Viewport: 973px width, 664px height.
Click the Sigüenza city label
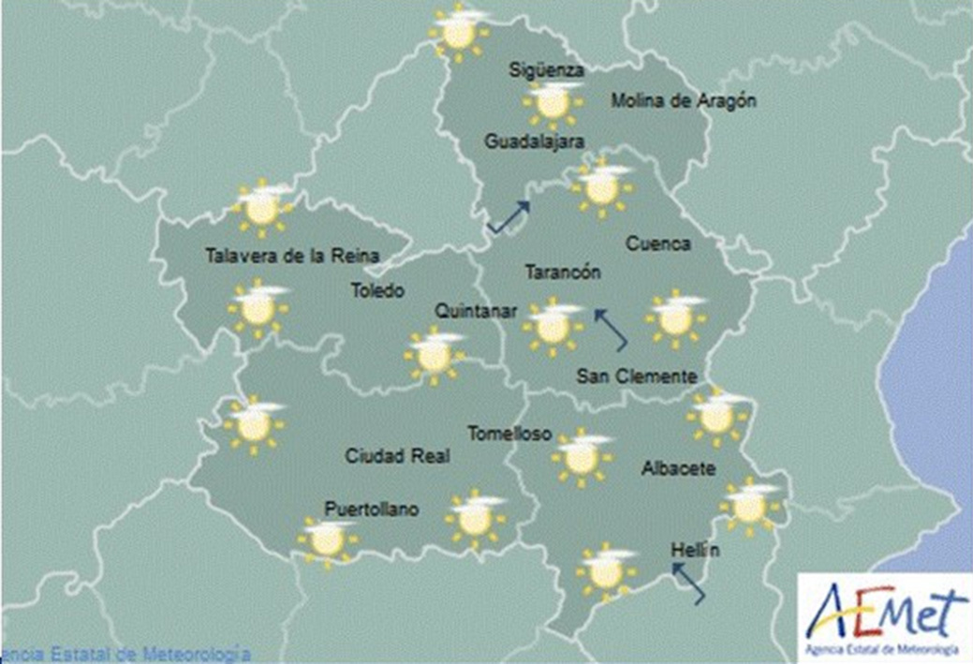[547, 70]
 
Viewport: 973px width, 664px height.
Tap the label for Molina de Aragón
[683, 101]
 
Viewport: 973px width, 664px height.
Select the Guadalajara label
[534, 141]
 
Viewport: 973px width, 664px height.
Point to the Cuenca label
[657, 244]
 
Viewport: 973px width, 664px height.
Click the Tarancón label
[562, 273]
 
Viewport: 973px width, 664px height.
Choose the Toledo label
[377, 291]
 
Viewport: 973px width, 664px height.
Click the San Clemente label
[637, 376]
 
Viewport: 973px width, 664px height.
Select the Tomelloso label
[509, 434]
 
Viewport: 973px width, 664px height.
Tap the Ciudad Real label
[397, 456]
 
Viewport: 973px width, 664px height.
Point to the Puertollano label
[371, 509]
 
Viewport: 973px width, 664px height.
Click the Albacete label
[679, 467]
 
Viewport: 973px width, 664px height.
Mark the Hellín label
[696, 551]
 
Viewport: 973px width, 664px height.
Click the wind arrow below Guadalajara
[508, 217]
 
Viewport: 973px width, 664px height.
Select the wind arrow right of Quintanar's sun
[611, 330]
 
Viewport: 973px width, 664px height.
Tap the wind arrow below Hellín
[688, 583]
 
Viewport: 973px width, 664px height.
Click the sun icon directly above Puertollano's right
[475, 518]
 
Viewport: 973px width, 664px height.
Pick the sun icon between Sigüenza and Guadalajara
[553, 103]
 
